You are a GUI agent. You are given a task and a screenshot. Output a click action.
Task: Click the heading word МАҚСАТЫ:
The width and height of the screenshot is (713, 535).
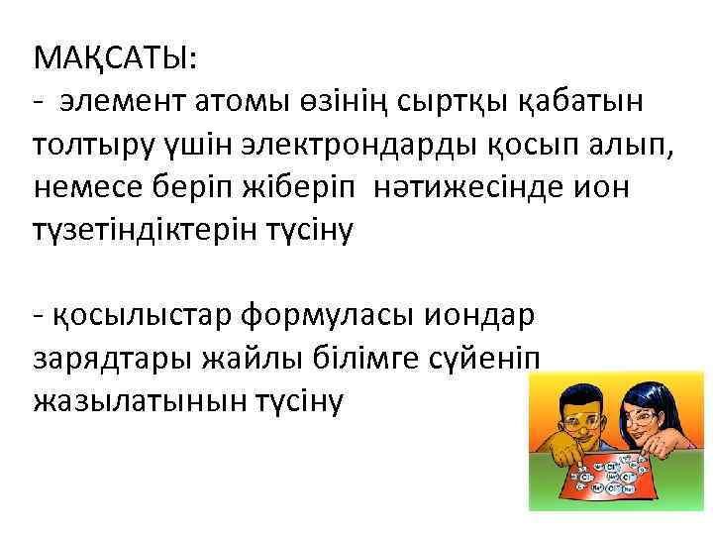pyautogui.click(x=115, y=57)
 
